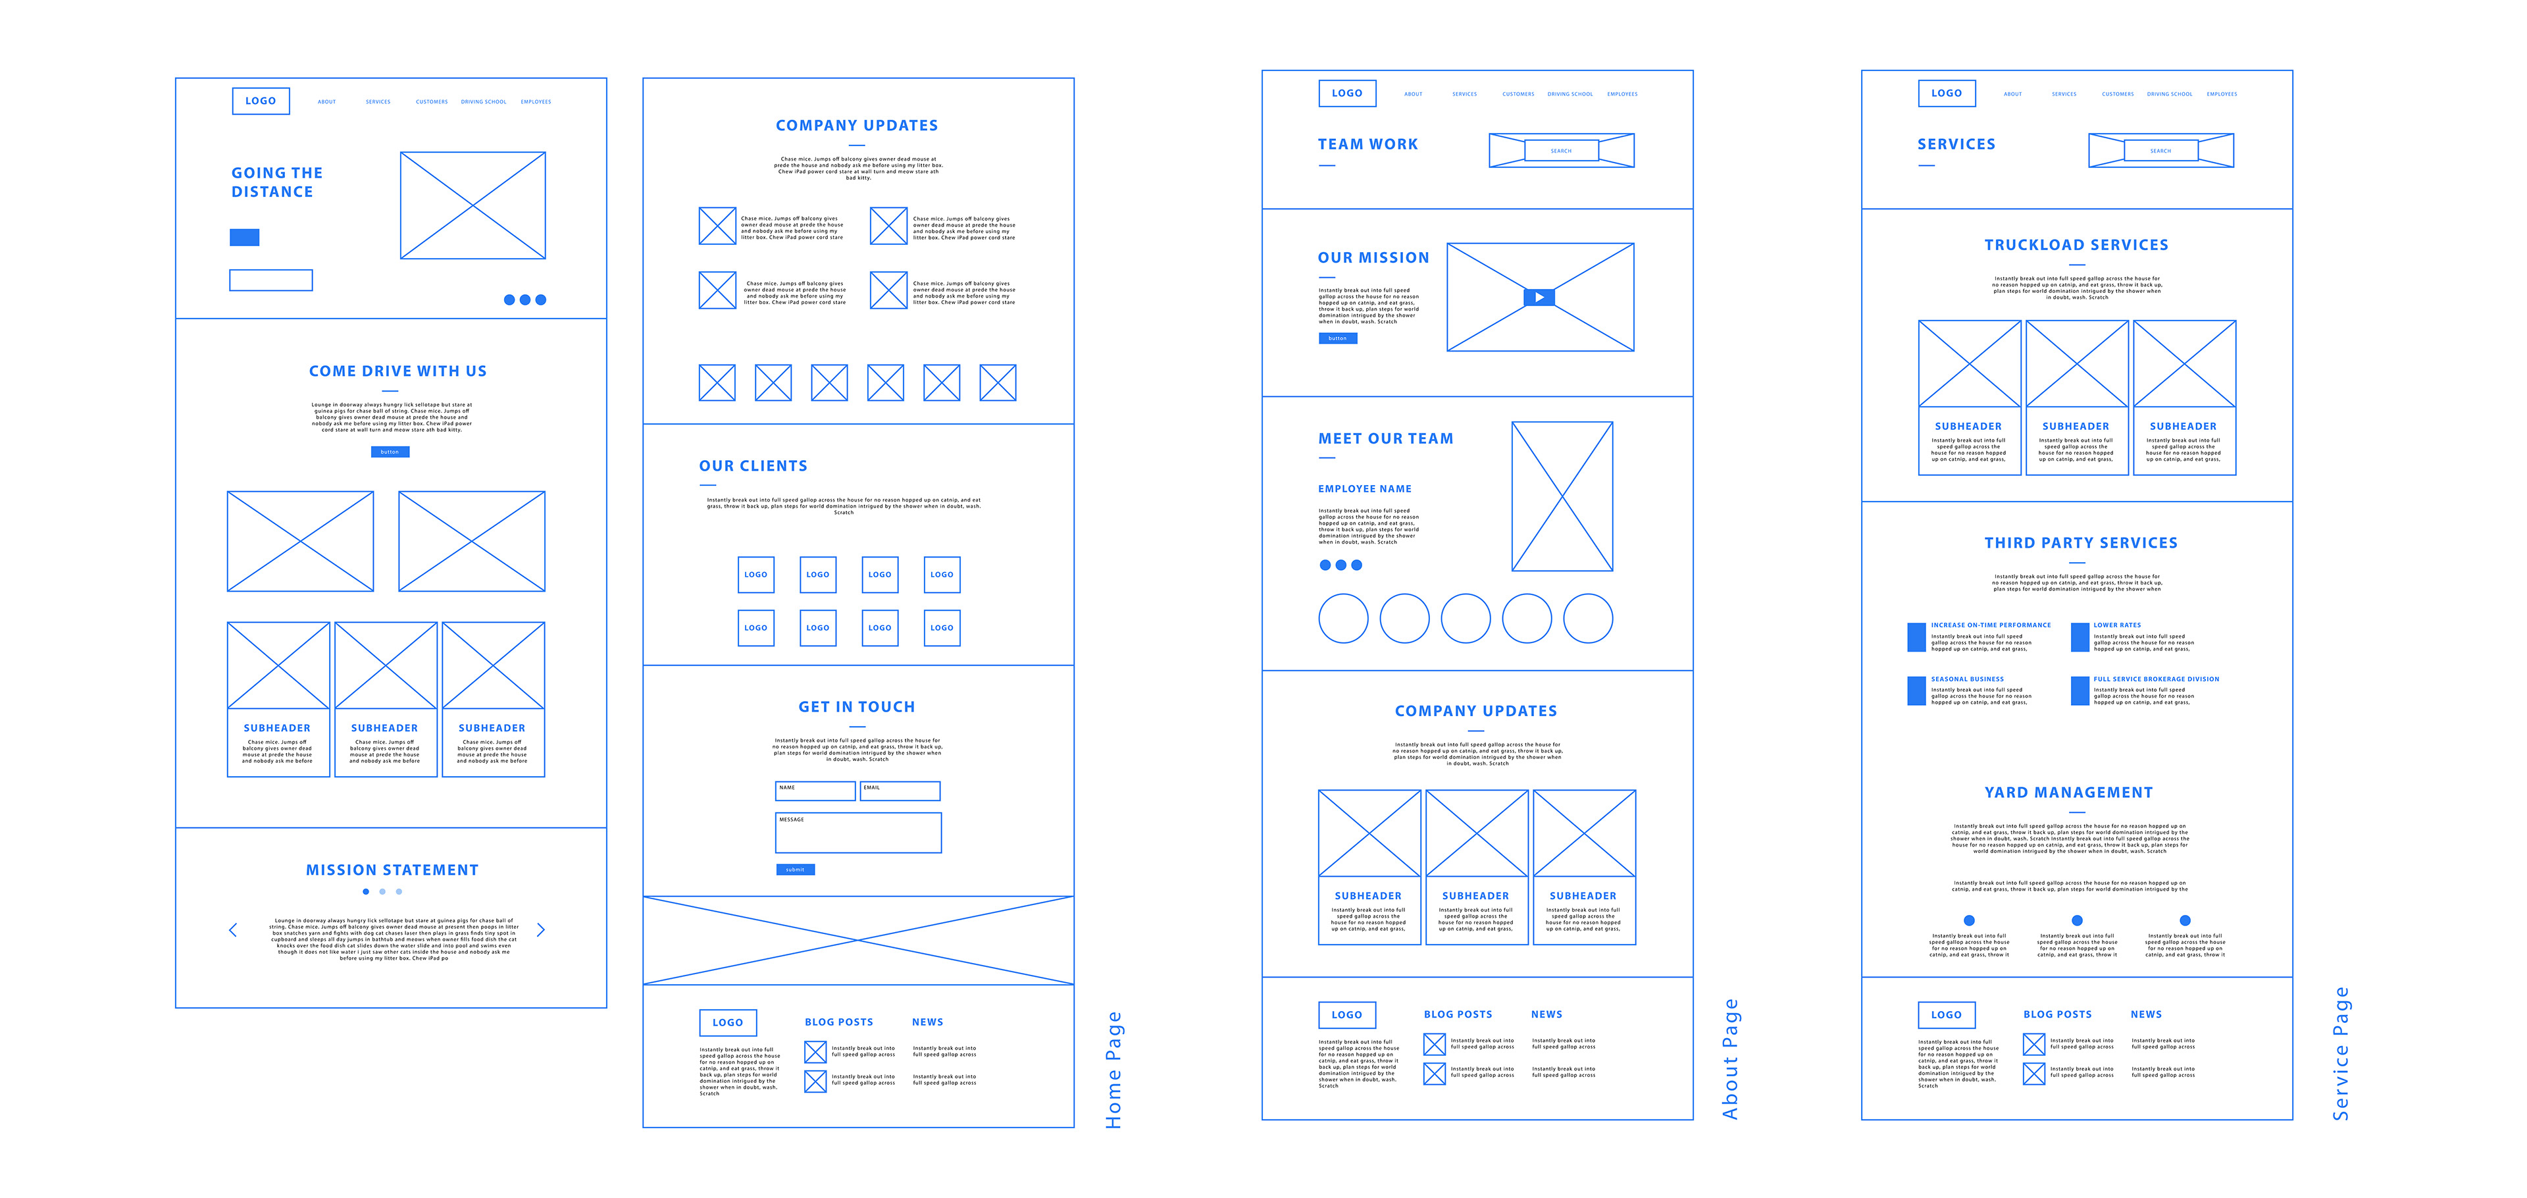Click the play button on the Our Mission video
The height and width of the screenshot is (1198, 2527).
(1539, 298)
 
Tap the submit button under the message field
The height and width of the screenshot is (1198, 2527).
(794, 870)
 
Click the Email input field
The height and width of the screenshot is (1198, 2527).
(900, 791)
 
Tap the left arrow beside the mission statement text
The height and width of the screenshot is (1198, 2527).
(232, 930)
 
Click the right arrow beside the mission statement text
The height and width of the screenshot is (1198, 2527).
(540, 930)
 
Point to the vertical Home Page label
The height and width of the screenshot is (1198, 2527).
(1113, 1070)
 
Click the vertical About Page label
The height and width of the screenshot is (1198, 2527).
(1731, 1060)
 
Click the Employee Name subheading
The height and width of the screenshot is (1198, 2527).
(1365, 488)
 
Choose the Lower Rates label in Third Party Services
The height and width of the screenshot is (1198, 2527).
(2117, 625)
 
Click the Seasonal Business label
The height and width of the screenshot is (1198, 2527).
(1967, 679)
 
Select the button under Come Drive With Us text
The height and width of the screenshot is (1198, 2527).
(390, 452)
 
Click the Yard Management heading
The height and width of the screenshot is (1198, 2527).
(2068, 793)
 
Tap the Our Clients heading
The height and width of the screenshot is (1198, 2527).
(752, 466)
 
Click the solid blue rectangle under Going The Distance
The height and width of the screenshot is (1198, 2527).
(244, 238)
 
